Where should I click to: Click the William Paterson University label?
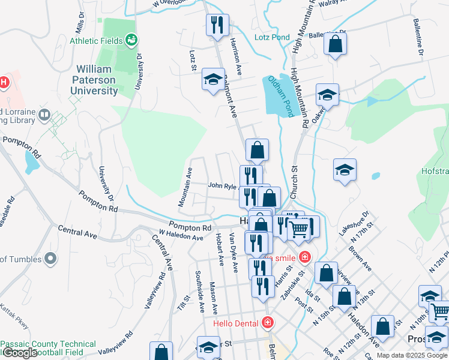95,79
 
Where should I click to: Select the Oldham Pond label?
282,96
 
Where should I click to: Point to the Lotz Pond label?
271,37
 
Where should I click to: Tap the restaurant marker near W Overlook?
215,25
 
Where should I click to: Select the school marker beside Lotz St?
212,79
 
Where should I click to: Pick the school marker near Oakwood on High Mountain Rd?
327,95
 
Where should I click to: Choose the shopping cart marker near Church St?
299,227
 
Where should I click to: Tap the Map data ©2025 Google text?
412,355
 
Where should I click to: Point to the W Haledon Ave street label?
181,237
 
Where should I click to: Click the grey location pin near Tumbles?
50,259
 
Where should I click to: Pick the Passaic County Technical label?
48,344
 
